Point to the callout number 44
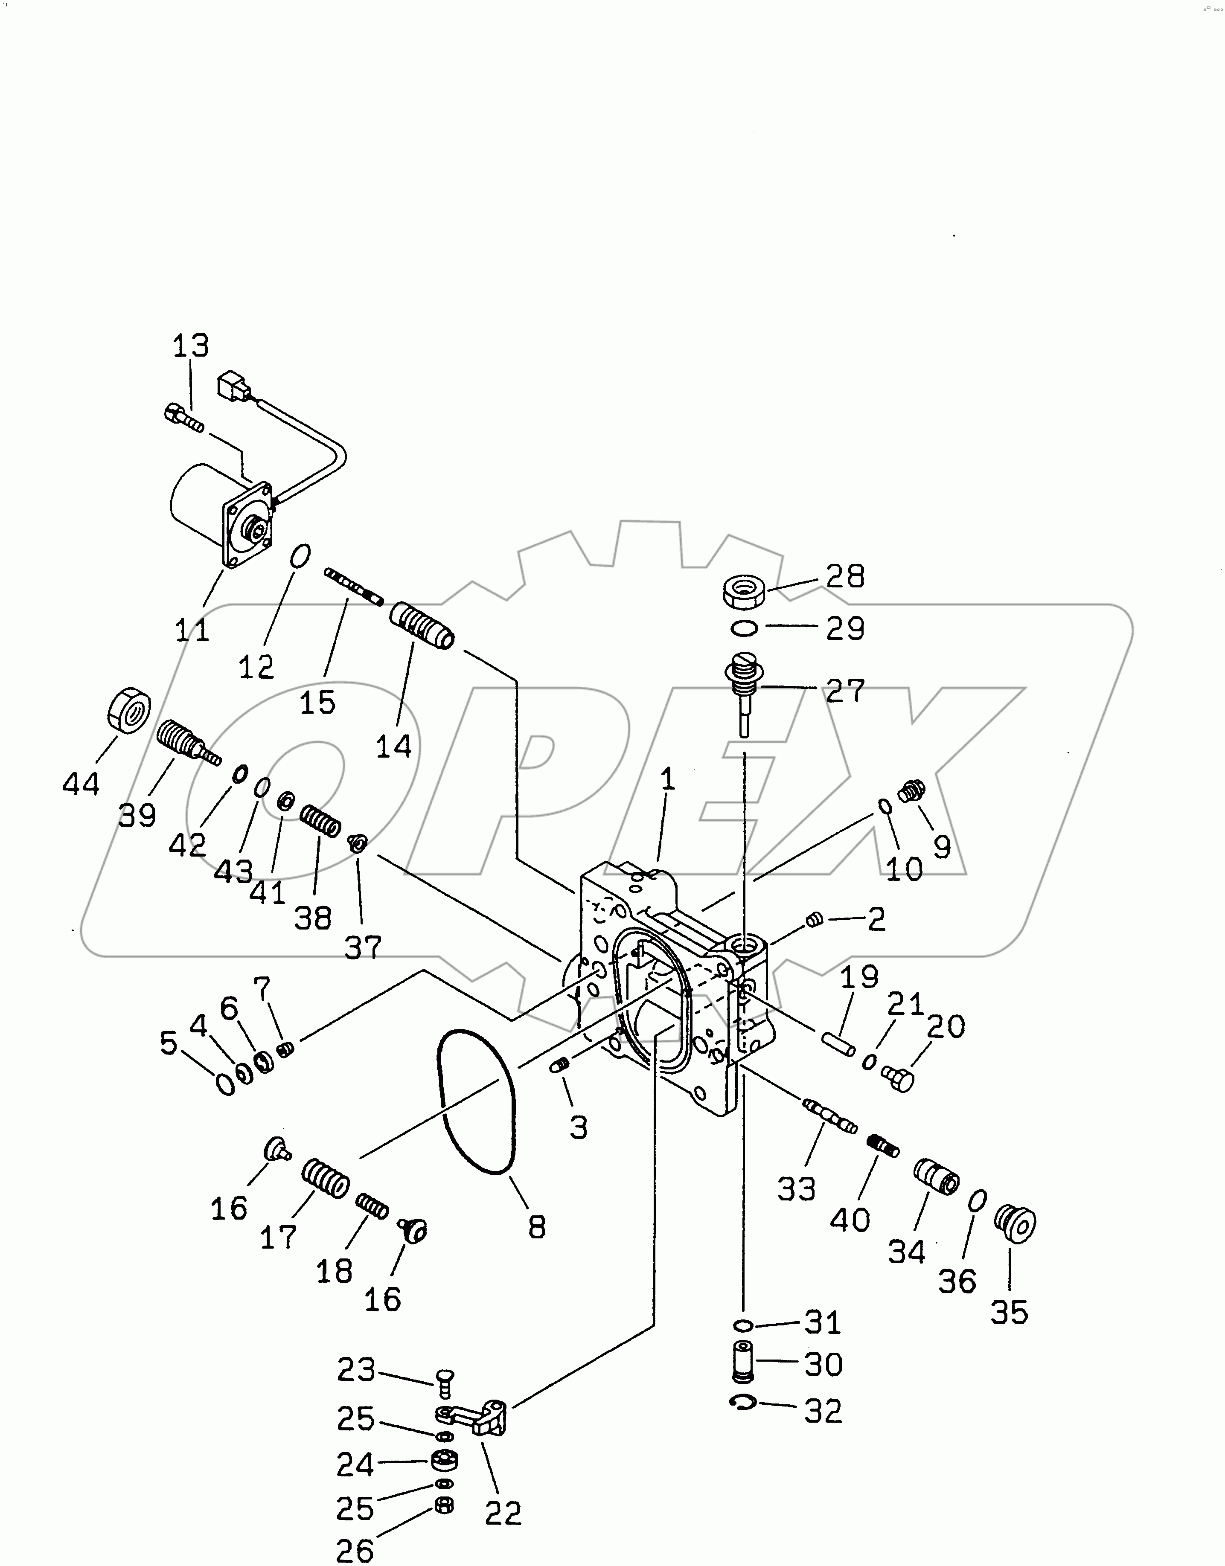(81, 784)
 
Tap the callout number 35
(1010, 1312)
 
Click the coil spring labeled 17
(325, 1177)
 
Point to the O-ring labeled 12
(300, 554)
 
